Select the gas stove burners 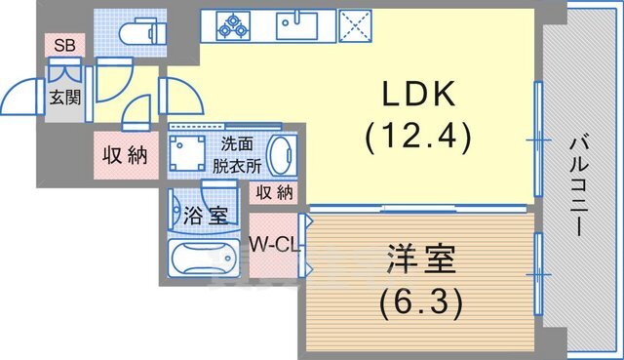[234, 24]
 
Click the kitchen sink [296, 24]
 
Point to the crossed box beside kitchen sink [353, 24]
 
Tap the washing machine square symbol [187, 154]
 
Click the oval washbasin [280, 156]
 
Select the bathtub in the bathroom [203, 261]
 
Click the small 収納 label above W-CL [274, 192]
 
